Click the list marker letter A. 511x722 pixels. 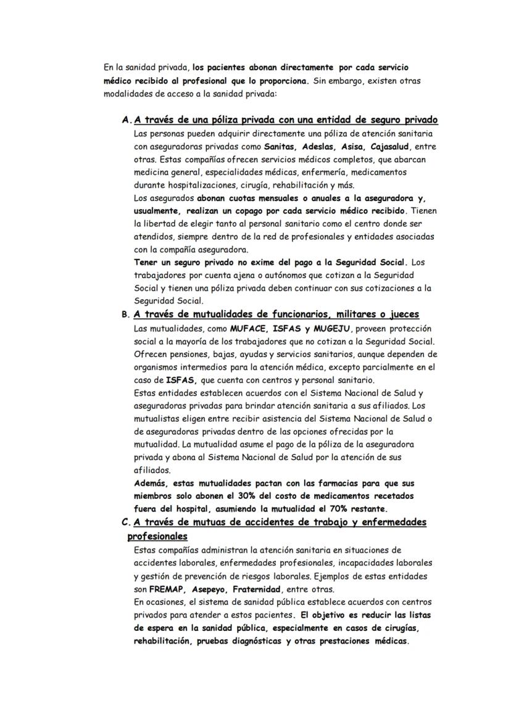click(126, 120)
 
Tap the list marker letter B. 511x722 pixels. click(125, 314)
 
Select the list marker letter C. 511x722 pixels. click(125, 522)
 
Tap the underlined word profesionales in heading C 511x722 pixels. click(157, 536)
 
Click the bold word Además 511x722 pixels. click(151, 483)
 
